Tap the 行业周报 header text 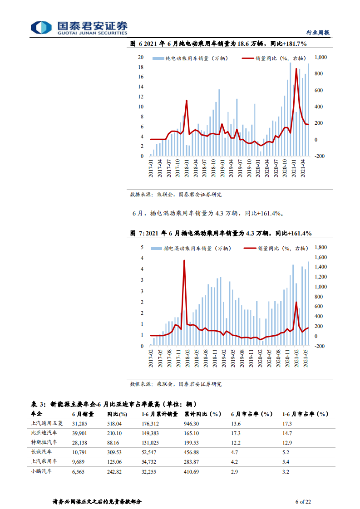pyautogui.click(x=318, y=33)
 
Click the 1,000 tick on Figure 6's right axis pyautogui.click(x=320, y=58)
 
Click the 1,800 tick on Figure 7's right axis pyautogui.click(x=320, y=248)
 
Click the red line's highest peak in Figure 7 pyautogui.click(x=184, y=261)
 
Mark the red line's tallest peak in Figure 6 pyautogui.click(x=296, y=69)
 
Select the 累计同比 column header pyautogui.click(x=202, y=414)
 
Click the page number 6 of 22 pyautogui.click(x=303, y=502)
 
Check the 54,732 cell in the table pyautogui.click(x=151, y=461)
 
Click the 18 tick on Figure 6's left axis pyautogui.click(x=141, y=68)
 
